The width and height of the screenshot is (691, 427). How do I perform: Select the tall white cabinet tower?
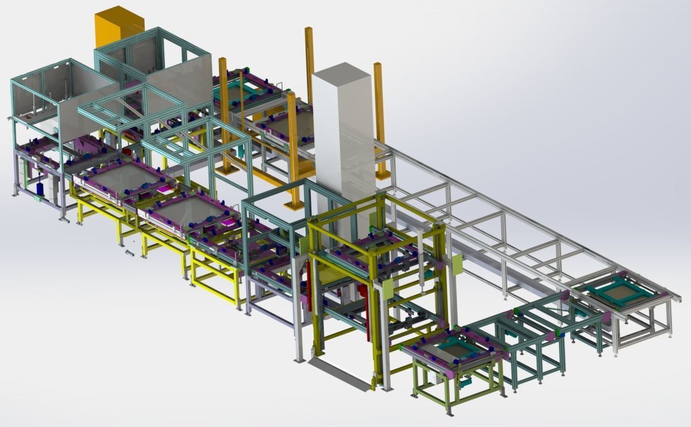341,134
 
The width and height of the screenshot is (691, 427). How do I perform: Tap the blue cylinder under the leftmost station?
40,188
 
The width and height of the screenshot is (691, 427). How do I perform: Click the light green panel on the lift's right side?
458,264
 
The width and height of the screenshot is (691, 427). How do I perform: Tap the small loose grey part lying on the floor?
129,253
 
